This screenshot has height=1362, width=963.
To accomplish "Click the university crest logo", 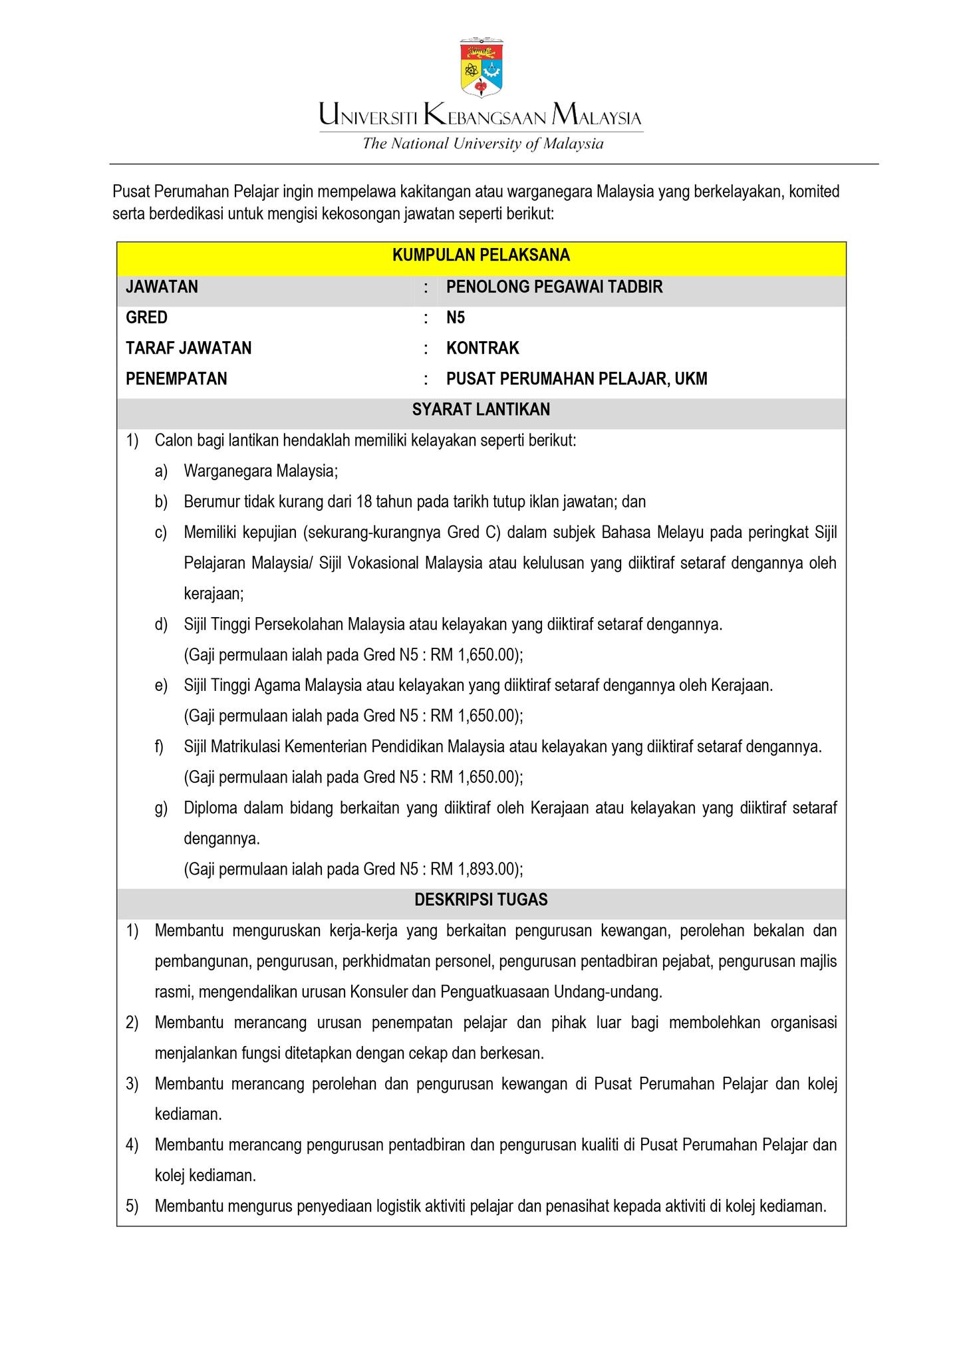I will click(481, 67).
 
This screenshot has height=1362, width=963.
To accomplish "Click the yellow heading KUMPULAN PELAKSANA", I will click(481, 255).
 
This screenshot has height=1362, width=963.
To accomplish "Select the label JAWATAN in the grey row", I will click(162, 287).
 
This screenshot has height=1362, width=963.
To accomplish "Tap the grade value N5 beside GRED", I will click(456, 317).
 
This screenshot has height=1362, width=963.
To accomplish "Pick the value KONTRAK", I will click(482, 348).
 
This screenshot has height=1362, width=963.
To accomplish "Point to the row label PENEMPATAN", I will click(176, 378).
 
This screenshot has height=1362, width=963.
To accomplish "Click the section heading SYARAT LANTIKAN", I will click(481, 410).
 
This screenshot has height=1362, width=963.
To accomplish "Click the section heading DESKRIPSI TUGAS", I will click(481, 900).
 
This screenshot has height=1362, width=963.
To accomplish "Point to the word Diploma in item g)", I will click(210, 808).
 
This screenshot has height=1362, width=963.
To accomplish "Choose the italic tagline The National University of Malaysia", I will click(482, 144).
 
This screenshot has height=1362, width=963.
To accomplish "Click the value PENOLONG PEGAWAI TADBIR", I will click(554, 287).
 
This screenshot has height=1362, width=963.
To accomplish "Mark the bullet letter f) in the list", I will click(160, 747).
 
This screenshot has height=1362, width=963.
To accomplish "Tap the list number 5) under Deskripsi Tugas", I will click(132, 1206).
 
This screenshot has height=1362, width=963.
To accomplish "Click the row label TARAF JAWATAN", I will click(188, 348).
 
